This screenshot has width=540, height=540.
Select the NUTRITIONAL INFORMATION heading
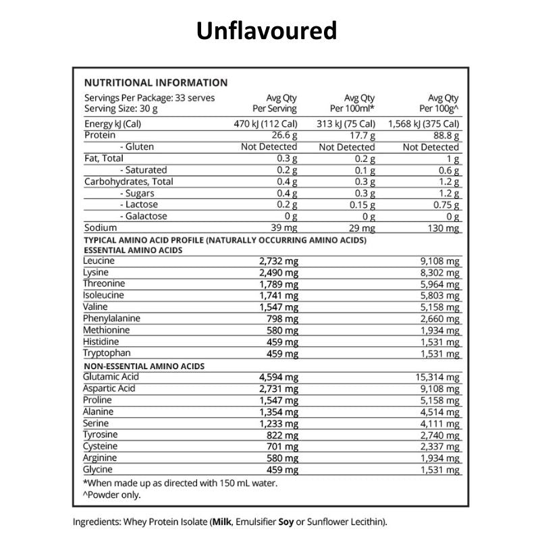click(x=155, y=83)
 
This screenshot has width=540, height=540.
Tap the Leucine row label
click(x=99, y=261)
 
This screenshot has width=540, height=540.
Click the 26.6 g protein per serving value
click(x=283, y=136)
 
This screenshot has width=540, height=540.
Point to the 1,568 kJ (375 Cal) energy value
click(x=424, y=124)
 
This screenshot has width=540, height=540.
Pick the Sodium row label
click(x=99, y=228)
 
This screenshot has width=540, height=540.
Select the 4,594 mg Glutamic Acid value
click(x=279, y=377)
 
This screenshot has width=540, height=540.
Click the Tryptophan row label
click(x=107, y=353)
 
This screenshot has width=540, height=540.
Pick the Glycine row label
click(x=99, y=470)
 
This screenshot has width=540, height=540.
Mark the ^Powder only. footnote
click(x=113, y=495)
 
